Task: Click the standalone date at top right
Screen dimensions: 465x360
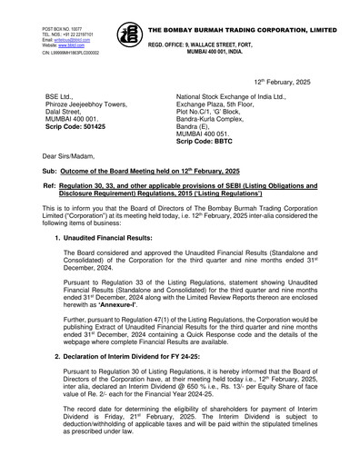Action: click(x=290, y=80)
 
